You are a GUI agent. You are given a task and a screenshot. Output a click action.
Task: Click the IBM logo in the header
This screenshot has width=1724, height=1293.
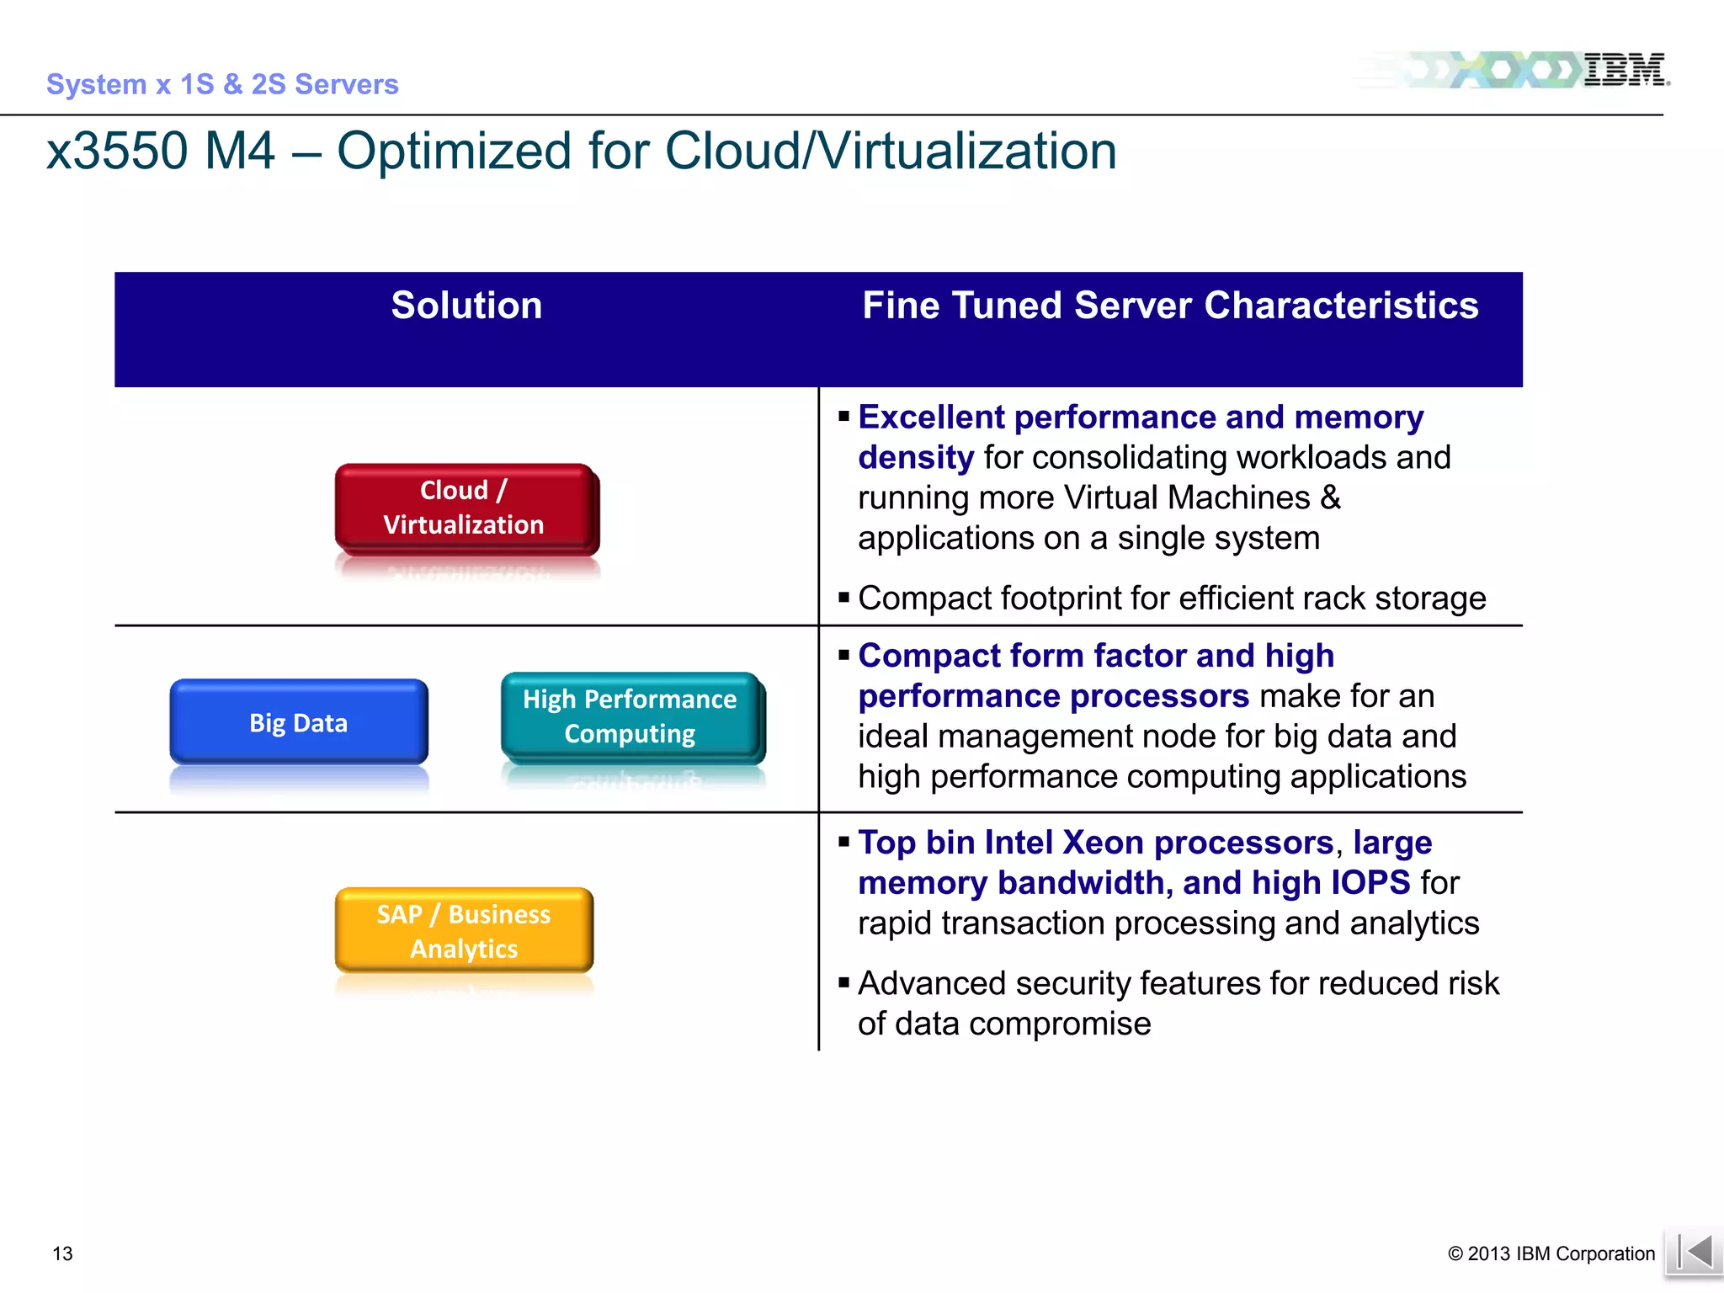1624,70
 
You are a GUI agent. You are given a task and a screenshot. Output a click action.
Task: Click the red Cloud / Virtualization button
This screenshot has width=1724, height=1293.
465,507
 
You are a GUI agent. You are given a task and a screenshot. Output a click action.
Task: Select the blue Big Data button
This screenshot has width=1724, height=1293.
299,722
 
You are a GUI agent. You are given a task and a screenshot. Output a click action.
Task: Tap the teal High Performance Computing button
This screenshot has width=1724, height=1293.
631,716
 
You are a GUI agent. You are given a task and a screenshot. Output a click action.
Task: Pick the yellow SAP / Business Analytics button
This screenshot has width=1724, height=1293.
464,930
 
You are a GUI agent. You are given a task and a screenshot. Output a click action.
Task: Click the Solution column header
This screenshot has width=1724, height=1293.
466,305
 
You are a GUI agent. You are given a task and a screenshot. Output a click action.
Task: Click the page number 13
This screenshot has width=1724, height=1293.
62,1253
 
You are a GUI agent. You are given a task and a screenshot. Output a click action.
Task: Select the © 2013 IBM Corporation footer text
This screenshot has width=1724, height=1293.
1551,1253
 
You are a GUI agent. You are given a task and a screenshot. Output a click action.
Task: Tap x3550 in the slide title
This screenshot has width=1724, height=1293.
117,152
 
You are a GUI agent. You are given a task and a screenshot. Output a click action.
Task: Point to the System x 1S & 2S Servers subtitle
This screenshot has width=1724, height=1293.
222,84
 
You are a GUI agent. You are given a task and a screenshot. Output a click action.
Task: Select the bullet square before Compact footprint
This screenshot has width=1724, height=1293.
843,598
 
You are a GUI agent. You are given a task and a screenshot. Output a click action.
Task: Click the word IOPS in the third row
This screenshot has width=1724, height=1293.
1370,883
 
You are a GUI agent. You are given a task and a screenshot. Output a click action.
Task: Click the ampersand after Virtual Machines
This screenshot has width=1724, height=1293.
1330,498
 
